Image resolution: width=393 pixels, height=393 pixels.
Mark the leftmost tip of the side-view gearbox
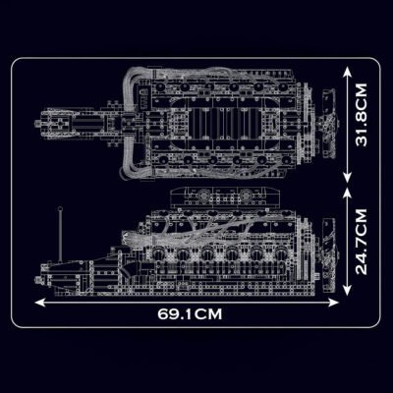41,266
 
